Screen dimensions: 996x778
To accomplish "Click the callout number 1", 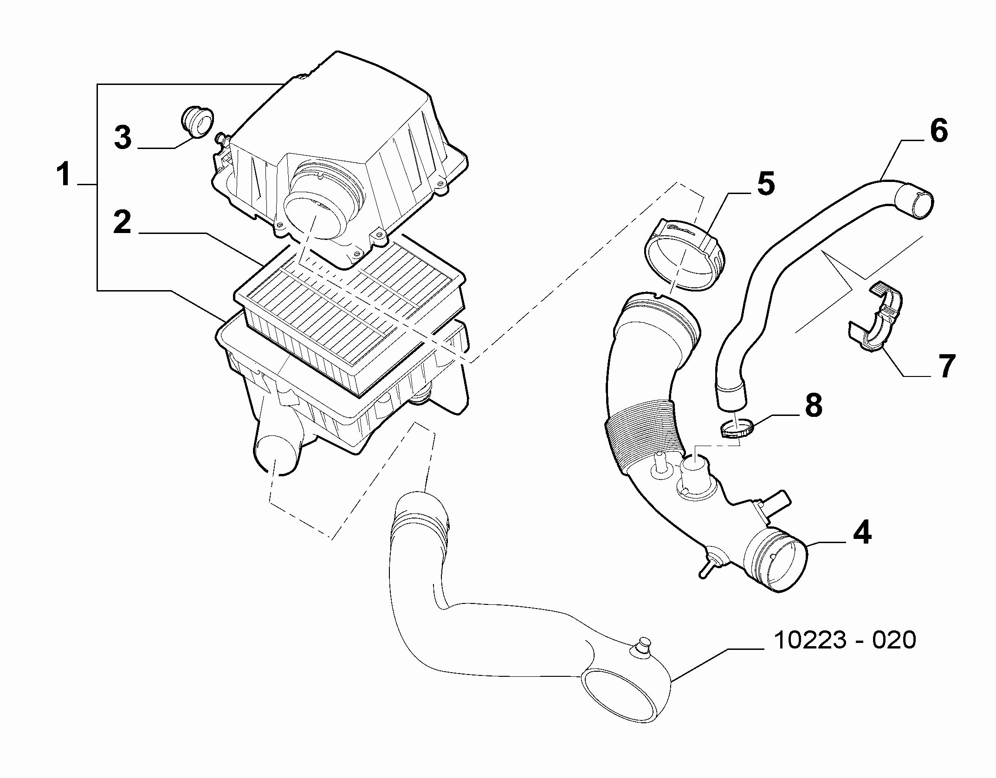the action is pos(64,174).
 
